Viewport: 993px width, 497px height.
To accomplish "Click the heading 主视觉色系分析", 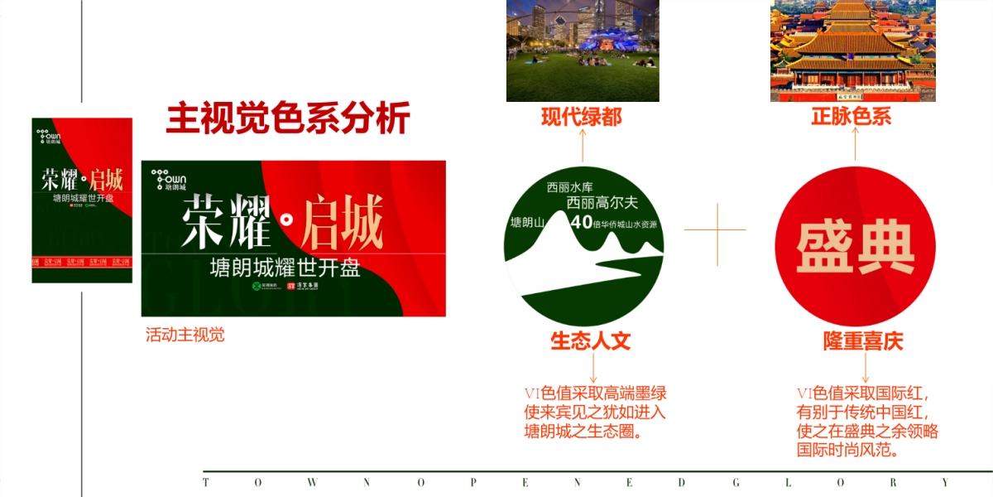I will [x=288, y=119].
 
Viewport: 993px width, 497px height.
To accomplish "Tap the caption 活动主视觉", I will [x=185, y=335].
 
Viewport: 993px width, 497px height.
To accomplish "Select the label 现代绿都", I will [x=582, y=118].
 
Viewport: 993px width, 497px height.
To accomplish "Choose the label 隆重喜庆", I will [x=862, y=341].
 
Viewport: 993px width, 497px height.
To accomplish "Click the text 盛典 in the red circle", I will [x=856, y=247].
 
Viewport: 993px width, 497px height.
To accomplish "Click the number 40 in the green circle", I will [x=582, y=222].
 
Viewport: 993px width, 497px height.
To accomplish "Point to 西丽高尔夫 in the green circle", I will [x=602, y=202].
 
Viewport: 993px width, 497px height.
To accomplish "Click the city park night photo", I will [x=583, y=50].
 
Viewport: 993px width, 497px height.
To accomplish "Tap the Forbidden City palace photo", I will [x=852, y=50].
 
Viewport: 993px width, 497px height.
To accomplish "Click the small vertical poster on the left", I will [x=82, y=200].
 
